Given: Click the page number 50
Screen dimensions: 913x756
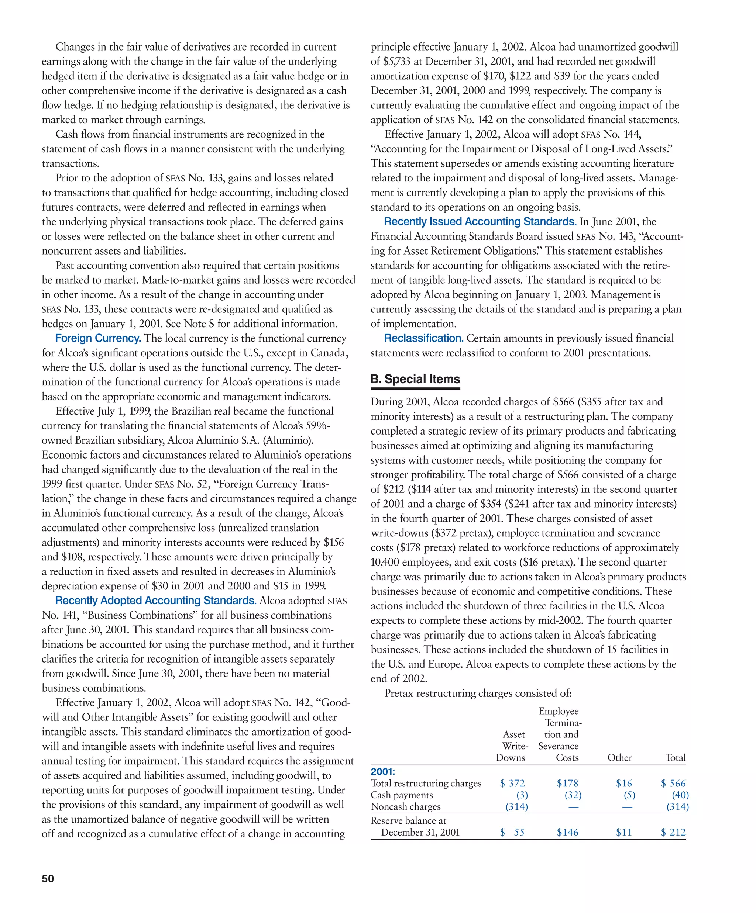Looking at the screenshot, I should (48, 879).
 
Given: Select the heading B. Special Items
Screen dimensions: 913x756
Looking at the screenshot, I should (415, 379).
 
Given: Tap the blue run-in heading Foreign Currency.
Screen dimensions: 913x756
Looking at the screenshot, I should (98, 338).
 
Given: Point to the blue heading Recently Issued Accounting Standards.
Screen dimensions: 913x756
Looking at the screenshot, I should (480, 222).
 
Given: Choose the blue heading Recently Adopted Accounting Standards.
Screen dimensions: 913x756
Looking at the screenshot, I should (156, 601).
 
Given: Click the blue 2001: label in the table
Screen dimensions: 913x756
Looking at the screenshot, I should (383, 771).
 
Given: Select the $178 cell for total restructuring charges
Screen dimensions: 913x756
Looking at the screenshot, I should (567, 783).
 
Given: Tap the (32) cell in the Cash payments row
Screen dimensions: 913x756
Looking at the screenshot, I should (573, 795).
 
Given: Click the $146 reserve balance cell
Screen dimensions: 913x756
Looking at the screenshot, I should (567, 832).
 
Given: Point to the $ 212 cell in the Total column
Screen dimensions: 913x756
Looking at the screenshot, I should (673, 832).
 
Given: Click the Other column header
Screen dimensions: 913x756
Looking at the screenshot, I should (619, 758).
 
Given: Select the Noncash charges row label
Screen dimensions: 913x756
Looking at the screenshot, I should (405, 806).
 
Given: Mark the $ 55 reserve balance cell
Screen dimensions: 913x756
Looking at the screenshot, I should (512, 832).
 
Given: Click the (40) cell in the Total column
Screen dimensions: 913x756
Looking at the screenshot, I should (680, 795).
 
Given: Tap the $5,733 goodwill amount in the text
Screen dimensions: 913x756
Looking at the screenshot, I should (396, 61).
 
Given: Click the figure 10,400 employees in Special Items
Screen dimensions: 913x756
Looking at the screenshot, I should (385, 562).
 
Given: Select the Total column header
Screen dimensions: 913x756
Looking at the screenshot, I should (675, 758).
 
